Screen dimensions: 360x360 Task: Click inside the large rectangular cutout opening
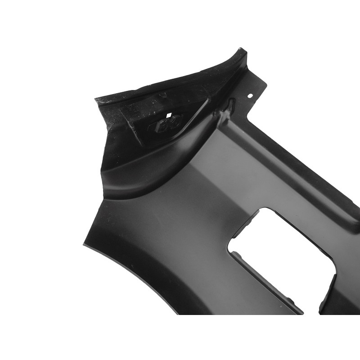279,252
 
